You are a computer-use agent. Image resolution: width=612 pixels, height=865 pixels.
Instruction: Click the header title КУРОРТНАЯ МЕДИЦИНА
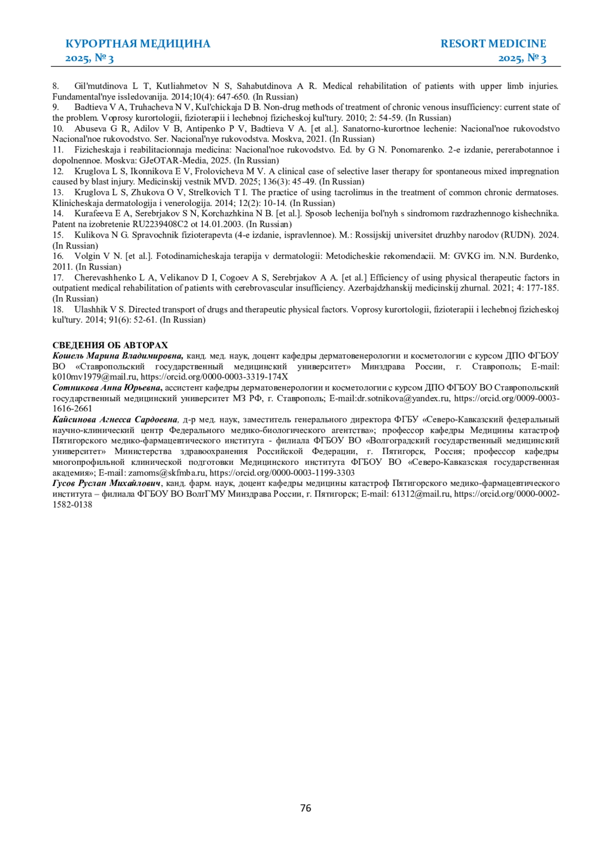[x=138, y=44]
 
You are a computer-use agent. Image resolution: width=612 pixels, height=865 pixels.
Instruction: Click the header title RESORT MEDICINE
[x=493, y=44]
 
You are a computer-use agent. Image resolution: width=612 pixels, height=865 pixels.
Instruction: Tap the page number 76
[x=305, y=808]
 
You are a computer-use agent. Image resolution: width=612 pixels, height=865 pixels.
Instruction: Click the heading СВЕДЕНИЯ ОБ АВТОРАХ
[x=110, y=345]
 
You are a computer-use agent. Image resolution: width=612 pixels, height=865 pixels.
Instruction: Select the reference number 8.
[x=56, y=86]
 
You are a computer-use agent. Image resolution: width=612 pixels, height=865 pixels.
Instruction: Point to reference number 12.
[x=58, y=171]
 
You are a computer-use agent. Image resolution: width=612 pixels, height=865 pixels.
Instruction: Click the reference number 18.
[x=58, y=309]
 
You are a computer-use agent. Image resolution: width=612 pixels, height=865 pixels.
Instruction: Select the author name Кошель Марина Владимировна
[x=118, y=356]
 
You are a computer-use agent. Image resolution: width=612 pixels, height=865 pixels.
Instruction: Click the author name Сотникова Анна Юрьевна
[x=108, y=388]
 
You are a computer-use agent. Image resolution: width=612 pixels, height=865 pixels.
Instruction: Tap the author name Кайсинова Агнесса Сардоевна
[x=115, y=420]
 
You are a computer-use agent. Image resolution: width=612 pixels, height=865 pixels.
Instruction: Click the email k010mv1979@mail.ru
[x=94, y=377]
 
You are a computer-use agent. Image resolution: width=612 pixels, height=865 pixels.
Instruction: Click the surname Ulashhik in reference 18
[x=91, y=309]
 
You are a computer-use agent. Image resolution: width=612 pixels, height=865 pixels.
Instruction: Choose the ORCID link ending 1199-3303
[x=282, y=473]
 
